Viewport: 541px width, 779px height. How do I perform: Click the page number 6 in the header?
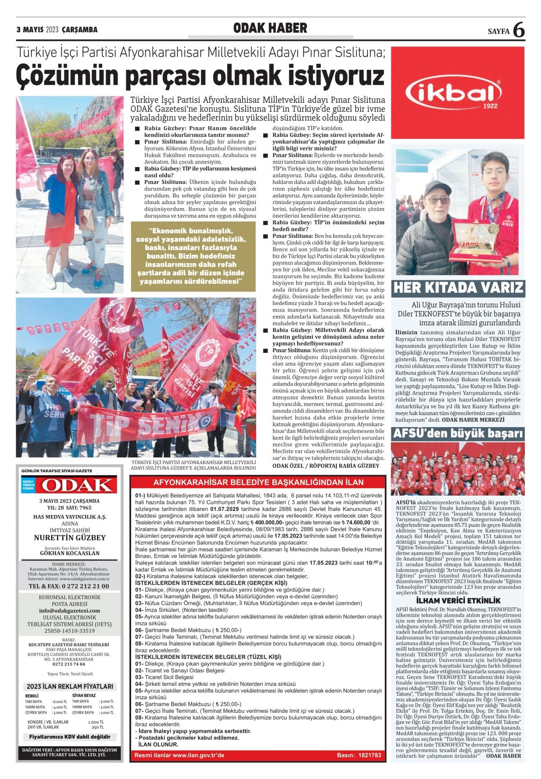click(x=518, y=30)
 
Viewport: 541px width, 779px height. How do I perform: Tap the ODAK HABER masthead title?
click(x=270, y=28)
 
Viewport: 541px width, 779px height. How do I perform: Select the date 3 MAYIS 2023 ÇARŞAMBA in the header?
click(x=57, y=30)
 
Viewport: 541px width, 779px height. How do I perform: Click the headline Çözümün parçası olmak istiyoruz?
click(x=200, y=76)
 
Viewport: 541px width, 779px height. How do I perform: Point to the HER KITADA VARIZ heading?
click(x=458, y=287)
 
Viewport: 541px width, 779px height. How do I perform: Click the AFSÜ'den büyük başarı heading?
click(x=458, y=433)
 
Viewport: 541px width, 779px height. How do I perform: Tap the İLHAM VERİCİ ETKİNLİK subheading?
click(x=458, y=601)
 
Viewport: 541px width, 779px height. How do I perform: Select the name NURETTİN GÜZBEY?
click(x=70, y=538)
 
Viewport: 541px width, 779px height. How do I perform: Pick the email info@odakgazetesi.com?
click(x=69, y=610)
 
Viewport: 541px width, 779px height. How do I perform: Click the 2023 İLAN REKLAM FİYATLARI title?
click(x=70, y=687)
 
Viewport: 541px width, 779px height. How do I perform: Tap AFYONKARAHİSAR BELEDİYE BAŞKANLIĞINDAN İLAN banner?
click(x=258, y=482)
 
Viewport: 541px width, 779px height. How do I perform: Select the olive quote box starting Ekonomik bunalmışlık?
click(x=193, y=256)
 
